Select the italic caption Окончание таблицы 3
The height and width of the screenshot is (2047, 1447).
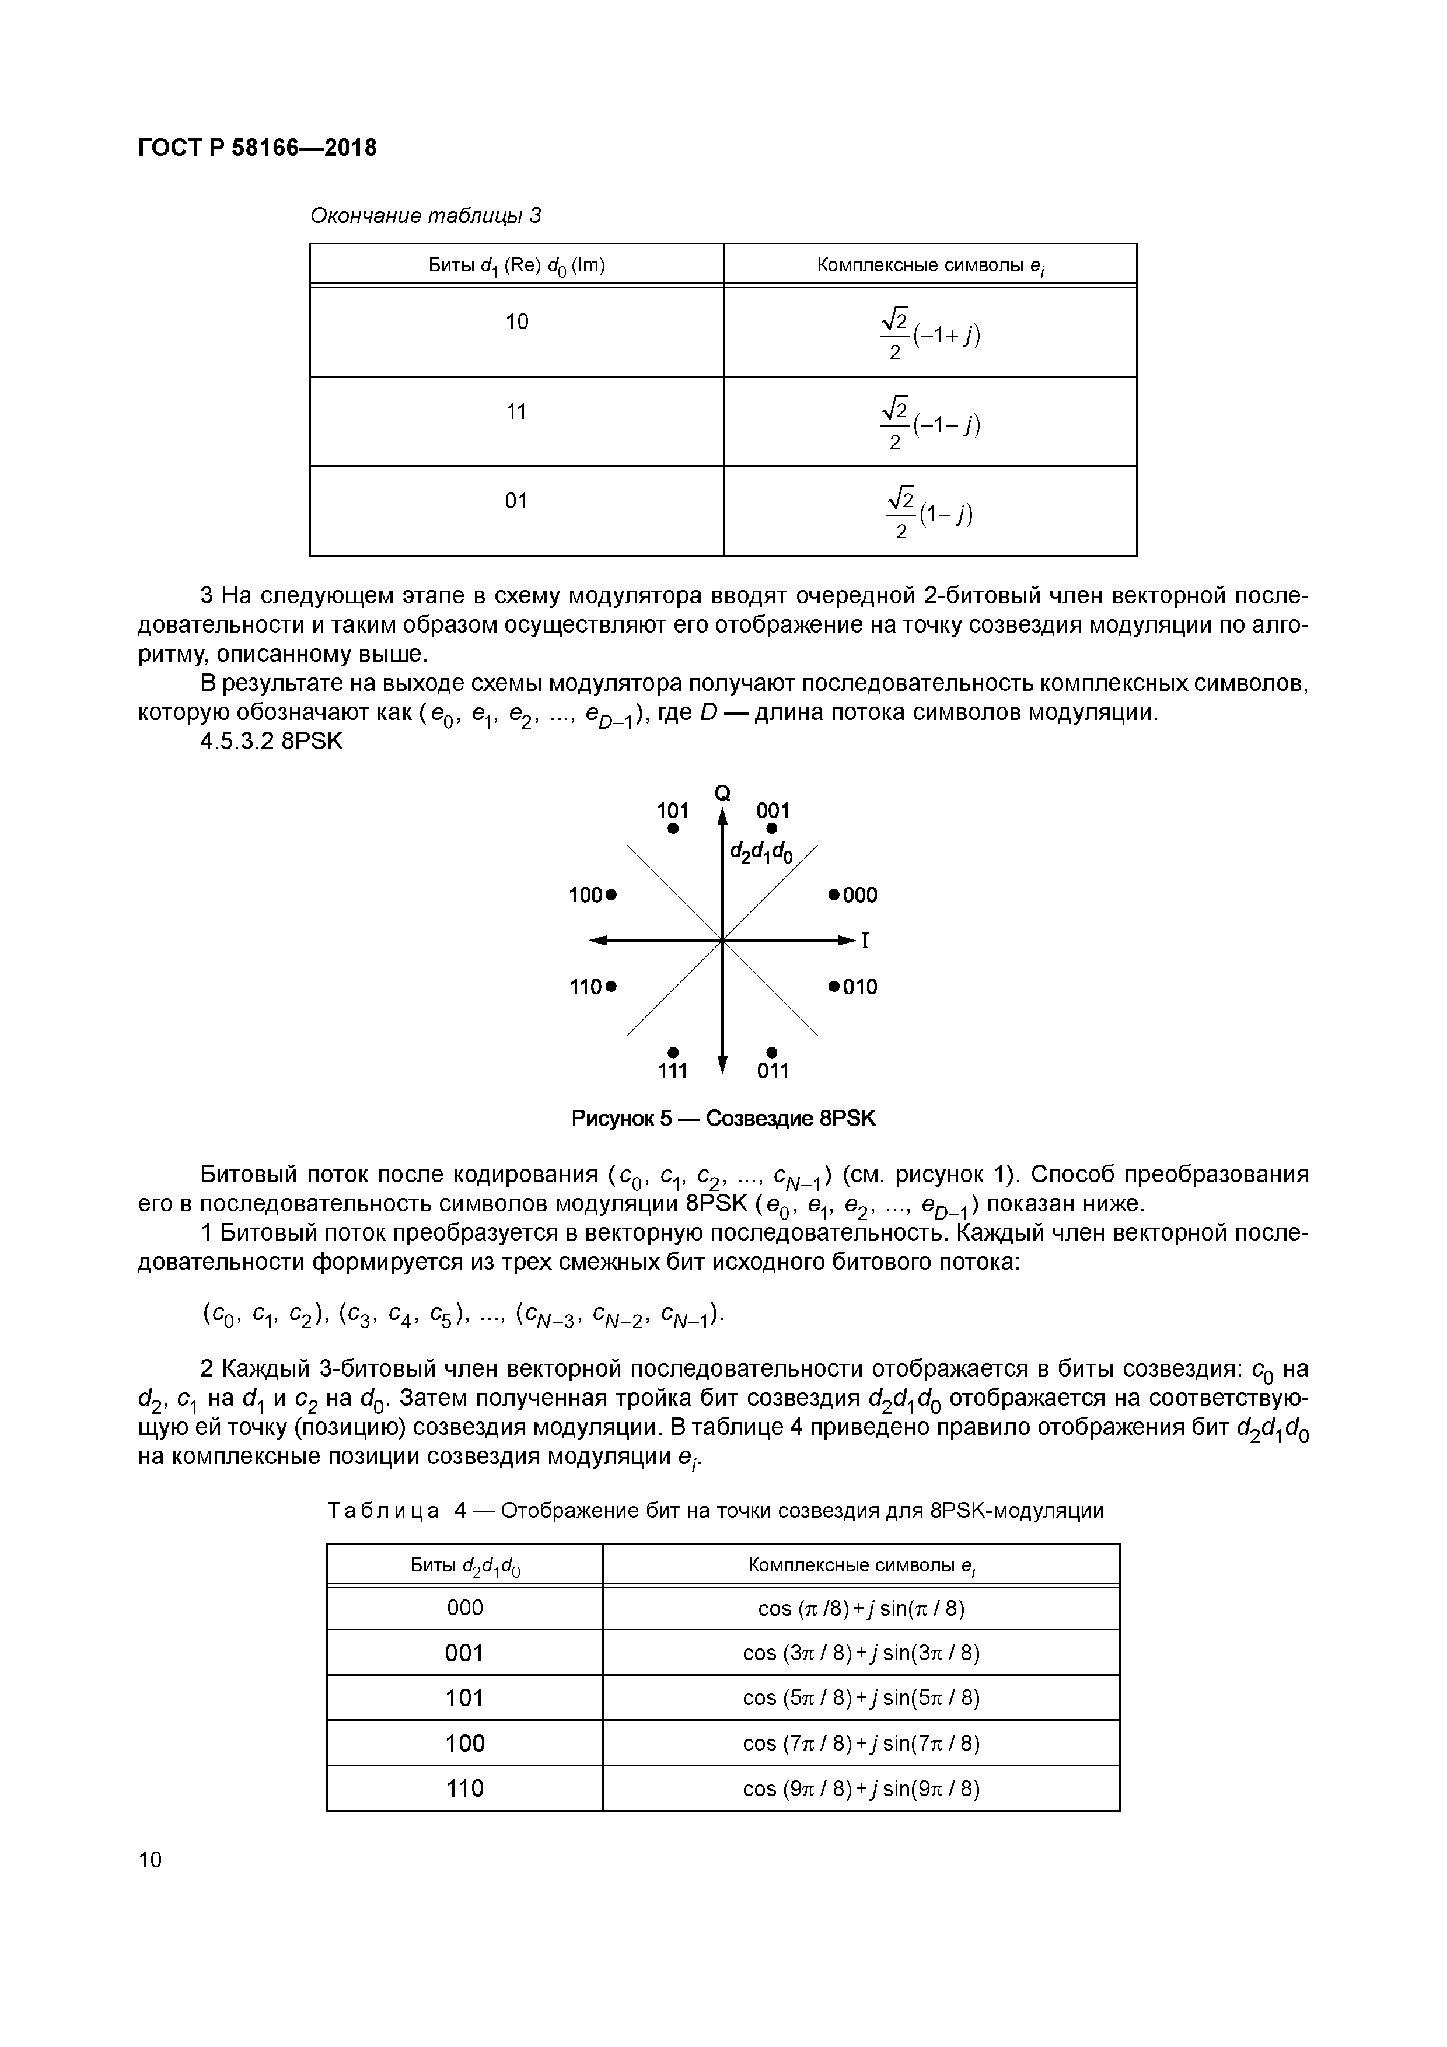pos(425,216)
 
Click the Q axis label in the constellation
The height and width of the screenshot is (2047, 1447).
pos(722,792)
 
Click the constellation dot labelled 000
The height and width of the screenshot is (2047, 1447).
pos(834,894)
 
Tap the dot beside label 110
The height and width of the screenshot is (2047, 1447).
pos(611,987)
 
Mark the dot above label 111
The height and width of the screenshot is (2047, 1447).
pos(673,1053)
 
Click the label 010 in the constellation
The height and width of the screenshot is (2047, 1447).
pos(861,987)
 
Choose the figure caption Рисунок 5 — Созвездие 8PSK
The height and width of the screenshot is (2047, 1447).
pos(723,1119)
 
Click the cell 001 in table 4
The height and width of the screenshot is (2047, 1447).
pos(464,1653)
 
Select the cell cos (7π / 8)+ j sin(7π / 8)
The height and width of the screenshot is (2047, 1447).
pos(861,1743)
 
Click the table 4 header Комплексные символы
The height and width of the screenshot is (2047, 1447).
pos(861,1564)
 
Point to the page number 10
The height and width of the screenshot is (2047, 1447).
pos(151,1859)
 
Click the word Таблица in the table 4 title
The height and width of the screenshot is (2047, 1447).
pos(383,1510)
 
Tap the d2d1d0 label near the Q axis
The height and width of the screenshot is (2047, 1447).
pos(760,853)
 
